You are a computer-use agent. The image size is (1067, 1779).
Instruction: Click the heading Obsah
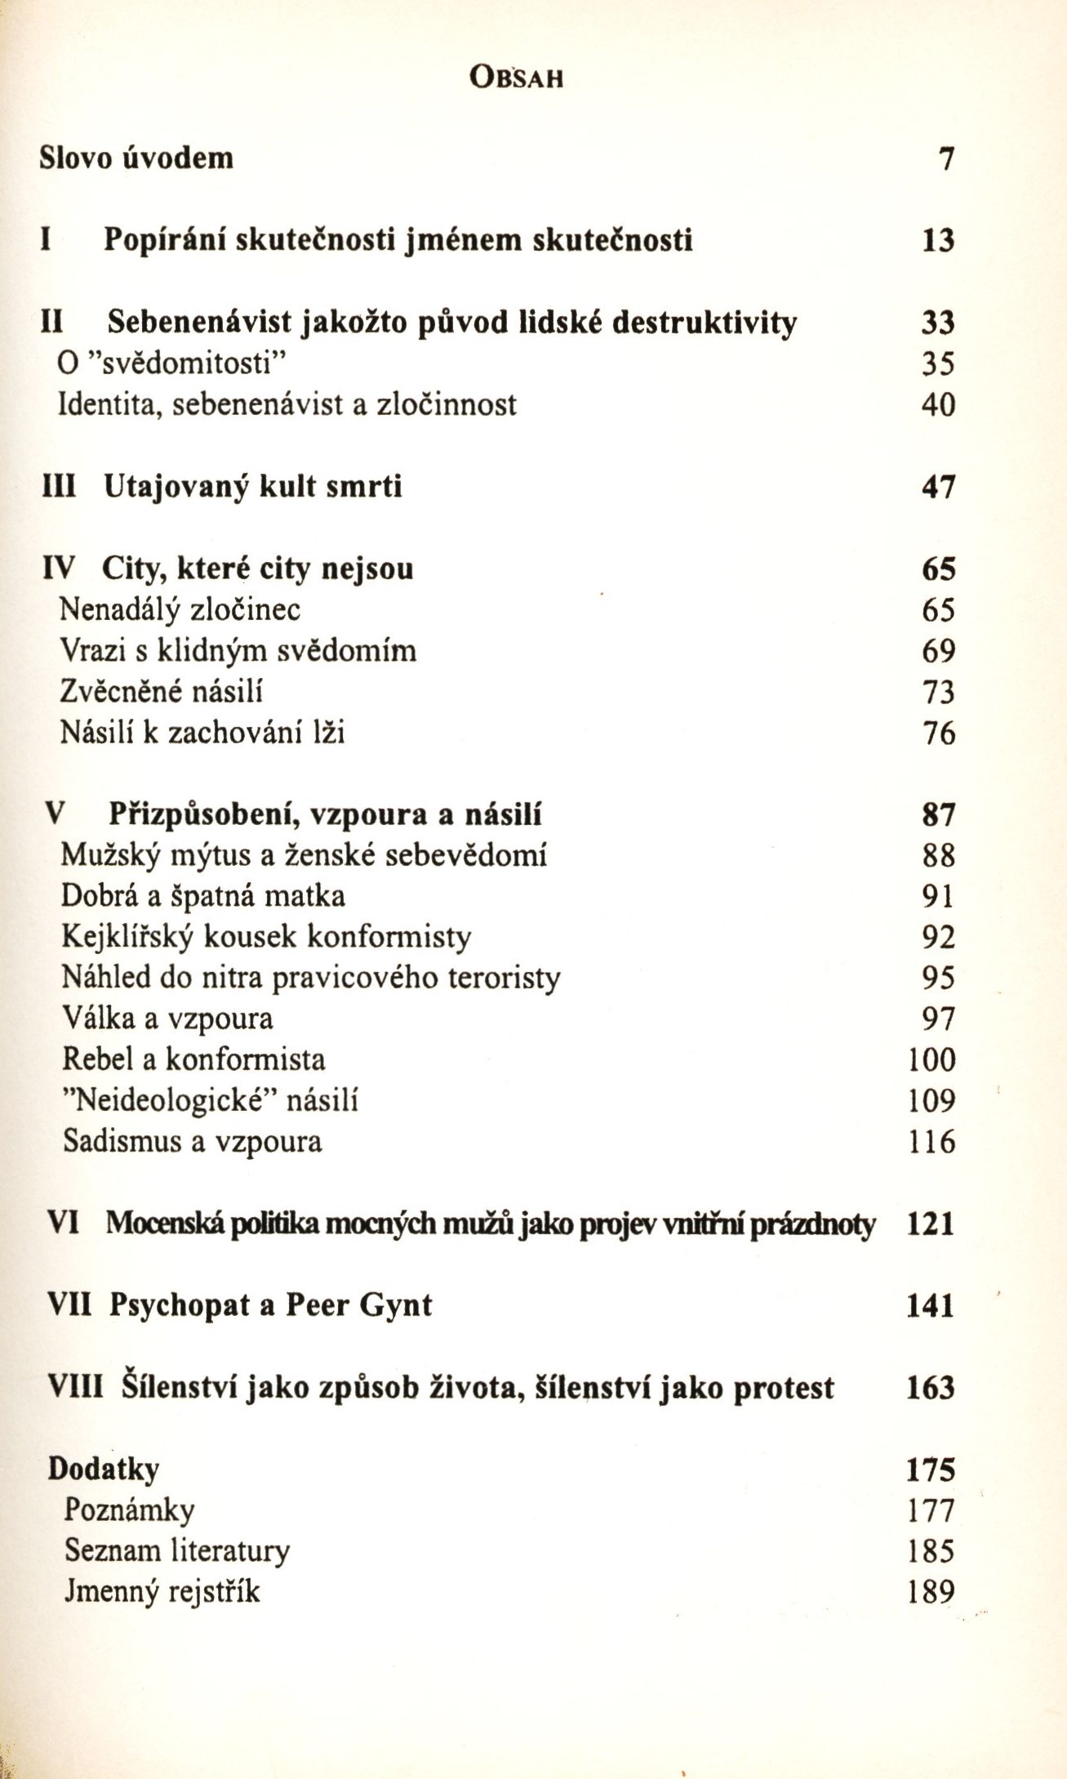click(x=518, y=78)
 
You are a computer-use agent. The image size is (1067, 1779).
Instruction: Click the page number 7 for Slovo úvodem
click(x=945, y=158)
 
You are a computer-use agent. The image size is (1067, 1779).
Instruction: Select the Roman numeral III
click(x=59, y=487)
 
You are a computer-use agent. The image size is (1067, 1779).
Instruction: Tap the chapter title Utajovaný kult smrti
click(x=253, y=487)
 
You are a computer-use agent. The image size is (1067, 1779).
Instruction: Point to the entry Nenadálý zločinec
click(x=180, y=609)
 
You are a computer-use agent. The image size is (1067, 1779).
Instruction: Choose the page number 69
click(x=938, y=651)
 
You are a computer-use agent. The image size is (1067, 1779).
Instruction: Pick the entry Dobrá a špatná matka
click(x=203, y=896)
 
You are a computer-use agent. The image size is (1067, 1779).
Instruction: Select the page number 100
click(x=931, y=1060)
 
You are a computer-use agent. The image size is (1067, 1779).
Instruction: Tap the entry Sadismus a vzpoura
click(x=193, y=1141)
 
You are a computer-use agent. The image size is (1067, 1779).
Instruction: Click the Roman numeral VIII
click(x=76, y=1388)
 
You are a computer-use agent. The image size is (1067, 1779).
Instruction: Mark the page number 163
click(x=931, y=1388)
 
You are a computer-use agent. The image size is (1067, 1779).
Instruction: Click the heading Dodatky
click(x=104, y=1469)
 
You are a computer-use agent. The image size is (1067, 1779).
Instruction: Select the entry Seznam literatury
click(x=177, y=1550)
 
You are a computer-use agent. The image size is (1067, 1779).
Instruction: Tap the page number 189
click(x=931, y=1591)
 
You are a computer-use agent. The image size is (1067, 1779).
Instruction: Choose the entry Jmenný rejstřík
click(x=162, y=1591)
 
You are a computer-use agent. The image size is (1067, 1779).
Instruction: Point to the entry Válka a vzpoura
click(x=168, y=1019)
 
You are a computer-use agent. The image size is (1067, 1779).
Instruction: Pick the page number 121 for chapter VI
click(x=931, y=1224)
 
